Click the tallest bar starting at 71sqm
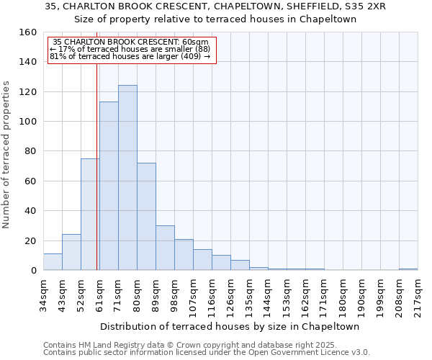(127, 178)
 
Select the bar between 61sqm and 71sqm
(109, 186)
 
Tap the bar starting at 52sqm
(90, 215)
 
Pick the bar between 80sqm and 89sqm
(146, 217)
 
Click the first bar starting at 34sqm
(53, 262)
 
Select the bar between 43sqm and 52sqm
(71, 253)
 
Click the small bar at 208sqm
(408, 269)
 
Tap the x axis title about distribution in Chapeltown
(230, 326)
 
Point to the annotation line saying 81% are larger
(130, 55)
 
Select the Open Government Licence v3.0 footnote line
(207, 352)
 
